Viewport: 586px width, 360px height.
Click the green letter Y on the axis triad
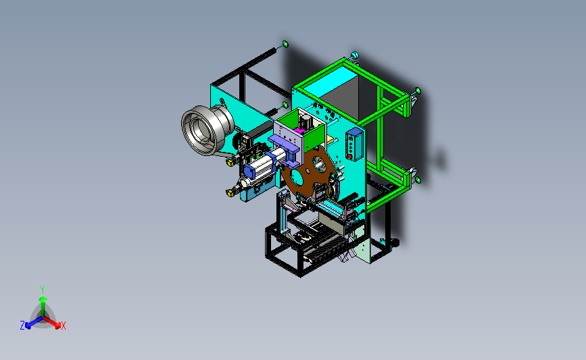tap(43, 290)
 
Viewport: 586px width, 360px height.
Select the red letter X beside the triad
tap(63, 326)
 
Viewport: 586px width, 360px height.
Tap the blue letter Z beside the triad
tap(22, 326)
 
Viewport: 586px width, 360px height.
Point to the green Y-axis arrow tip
tap(43, 299)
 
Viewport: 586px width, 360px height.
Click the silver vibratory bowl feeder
tap(207, 129)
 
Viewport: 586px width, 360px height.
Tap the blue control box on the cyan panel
tap(354, 144)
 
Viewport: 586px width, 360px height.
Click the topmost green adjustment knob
tap(285, 45)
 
